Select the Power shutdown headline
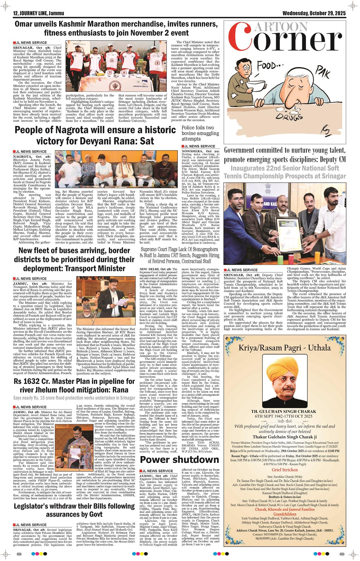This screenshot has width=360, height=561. click(179, 460)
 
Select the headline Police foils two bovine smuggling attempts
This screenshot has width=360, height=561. click(200, 134)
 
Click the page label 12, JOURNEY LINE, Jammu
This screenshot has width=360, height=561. click(36, 13)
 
